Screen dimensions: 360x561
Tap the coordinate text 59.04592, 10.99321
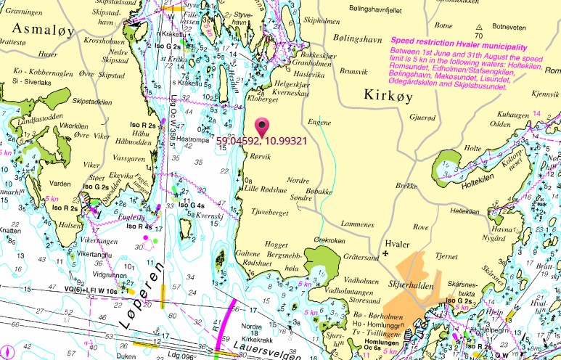pyautogui.click(x=263, y=142)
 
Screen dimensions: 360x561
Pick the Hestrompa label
pyautogui.click(x=194, y=139)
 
